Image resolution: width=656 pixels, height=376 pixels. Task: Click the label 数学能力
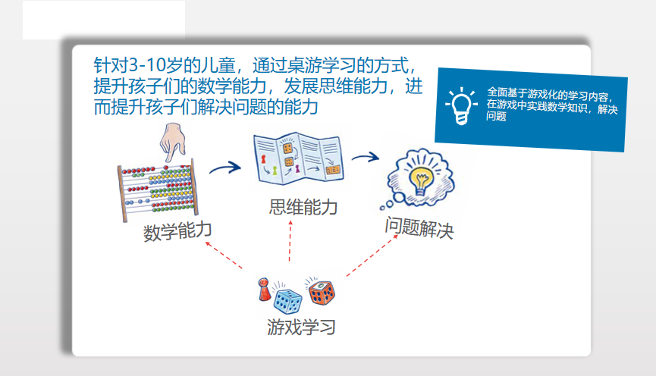click(177, 231)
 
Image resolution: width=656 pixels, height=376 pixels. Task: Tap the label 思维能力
click(303, 207)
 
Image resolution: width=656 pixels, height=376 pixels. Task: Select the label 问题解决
click(419, 228)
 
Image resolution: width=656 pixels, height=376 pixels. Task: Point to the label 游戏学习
click(301, 327)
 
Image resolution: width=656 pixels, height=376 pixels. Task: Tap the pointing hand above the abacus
click(172, 141)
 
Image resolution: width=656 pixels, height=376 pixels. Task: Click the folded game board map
click(298, 158)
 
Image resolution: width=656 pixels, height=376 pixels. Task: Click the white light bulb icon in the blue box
click(461, 106)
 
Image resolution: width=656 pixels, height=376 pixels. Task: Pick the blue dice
click(287, 301)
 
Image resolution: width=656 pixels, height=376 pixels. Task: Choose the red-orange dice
click(322, 293)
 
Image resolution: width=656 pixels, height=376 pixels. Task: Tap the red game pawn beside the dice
click(264, 290)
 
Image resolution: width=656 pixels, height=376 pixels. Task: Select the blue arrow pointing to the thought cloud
click(366, 157)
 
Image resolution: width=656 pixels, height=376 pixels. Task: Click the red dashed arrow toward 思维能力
click(290, 241)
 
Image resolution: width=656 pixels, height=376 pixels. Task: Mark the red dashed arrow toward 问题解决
click(372, 255)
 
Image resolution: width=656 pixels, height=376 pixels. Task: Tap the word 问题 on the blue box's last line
click(496, 116)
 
